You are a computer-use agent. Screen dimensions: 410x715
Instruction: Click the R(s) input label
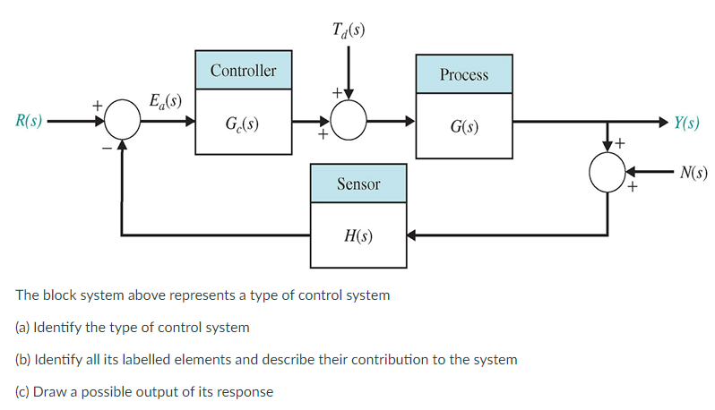click(x=23, y=122)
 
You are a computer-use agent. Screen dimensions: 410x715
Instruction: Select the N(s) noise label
click(x=693, y=172)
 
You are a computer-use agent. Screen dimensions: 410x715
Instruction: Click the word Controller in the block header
click(x=244, y=70)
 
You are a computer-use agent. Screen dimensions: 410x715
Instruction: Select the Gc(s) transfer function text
click(x=244, y=122)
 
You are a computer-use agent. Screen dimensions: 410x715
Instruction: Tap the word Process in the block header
click(x=464, y=74)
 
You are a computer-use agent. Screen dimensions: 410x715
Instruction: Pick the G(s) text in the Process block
click(x=464, y=126)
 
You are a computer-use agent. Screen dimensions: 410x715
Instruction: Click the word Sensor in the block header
click(x=358, y=184)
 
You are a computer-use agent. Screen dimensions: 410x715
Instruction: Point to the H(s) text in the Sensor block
click(x=358, y=236)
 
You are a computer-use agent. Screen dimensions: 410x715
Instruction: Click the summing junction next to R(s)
click(x=122, y=121)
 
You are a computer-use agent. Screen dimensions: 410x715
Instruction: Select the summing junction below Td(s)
click(x=349, y=121)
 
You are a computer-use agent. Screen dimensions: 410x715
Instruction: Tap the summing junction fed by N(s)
click(x=608, y=172)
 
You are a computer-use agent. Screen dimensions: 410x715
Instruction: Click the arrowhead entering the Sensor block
click(x=413, y=236)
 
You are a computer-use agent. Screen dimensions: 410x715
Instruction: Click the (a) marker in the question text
click(x=22, y=327)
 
